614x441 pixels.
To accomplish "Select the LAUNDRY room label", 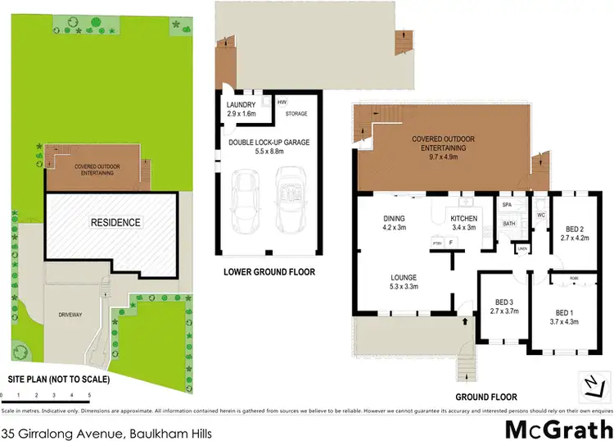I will click(x=241, y=105).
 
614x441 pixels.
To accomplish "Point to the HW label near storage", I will click(x=282, y=102).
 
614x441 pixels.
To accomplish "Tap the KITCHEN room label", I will click(x=463, y=219).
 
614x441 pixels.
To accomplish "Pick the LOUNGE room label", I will click(x=404, y=277).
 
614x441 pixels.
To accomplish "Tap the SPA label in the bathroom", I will click(x=508, y=204).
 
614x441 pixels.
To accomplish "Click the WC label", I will click(x=540, y=216).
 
